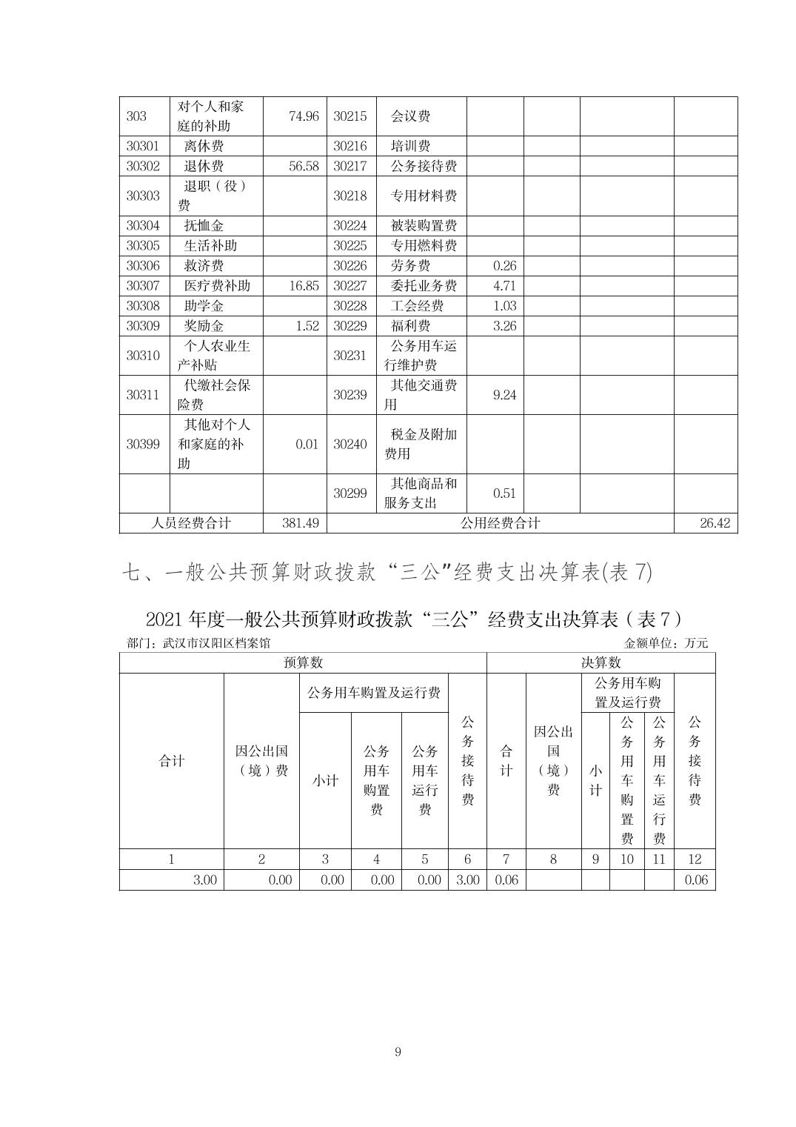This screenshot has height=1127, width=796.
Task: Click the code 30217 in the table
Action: click(x=349, y=166)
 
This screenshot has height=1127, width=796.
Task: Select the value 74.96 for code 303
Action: click(x=304, y=116)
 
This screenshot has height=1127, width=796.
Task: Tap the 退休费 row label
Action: click(x=204, y=166)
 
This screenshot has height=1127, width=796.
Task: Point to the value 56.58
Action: click(x=304, y=166)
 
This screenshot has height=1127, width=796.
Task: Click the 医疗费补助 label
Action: click(x=217, y=286)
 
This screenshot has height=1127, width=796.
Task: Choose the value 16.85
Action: click(x=304, y=286)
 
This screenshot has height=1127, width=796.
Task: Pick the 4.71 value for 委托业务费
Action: click(x=504, y=286)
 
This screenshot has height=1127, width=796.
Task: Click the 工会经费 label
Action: click(x=417, y=306)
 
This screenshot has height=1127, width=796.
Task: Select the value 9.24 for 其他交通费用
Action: click(x=504, y=395)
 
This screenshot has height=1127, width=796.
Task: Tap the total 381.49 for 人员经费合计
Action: click(x=301, y=523)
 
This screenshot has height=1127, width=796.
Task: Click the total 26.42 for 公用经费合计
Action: click(x=715, y=523)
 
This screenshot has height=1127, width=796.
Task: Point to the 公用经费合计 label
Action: click(x=500, y=523)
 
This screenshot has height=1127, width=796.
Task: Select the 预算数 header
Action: click(x=303, y=662)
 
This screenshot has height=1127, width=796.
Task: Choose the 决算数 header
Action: click(x=601, y=662)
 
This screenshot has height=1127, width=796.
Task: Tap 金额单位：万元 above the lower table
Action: click(x=666, y=643)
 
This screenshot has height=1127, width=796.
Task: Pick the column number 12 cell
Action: click(x=695, y=860)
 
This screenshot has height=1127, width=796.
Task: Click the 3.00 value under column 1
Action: click(x=204, y=880)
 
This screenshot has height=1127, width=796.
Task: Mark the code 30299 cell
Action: click(x=349, y=493)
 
